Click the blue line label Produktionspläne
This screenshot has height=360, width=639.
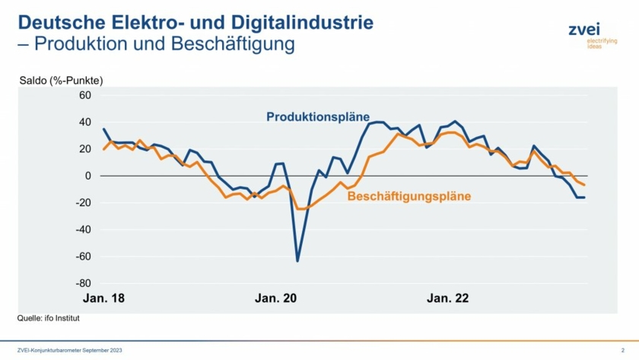317,116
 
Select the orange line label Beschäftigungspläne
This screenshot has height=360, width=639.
409,196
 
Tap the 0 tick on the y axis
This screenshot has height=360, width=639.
87,176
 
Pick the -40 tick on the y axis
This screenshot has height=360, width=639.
82,229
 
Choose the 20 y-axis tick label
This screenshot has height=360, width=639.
84,149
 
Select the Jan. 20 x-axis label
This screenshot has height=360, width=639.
275,298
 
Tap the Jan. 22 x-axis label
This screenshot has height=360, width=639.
448,298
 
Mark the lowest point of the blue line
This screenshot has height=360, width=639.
297,261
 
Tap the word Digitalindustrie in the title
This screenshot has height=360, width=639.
302,22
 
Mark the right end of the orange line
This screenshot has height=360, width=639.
583,185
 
